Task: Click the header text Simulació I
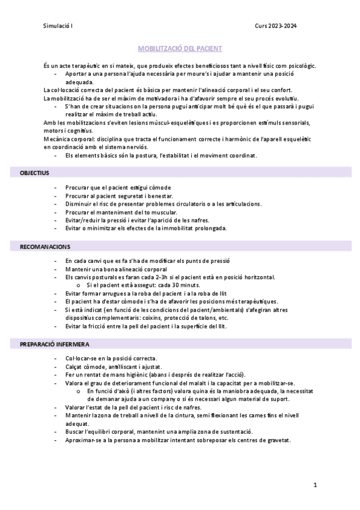(x=58, y=26)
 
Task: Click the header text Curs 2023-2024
(x=276, y=26)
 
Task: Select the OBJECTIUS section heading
(x=34, y=173)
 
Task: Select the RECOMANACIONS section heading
(x=45, y=247)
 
